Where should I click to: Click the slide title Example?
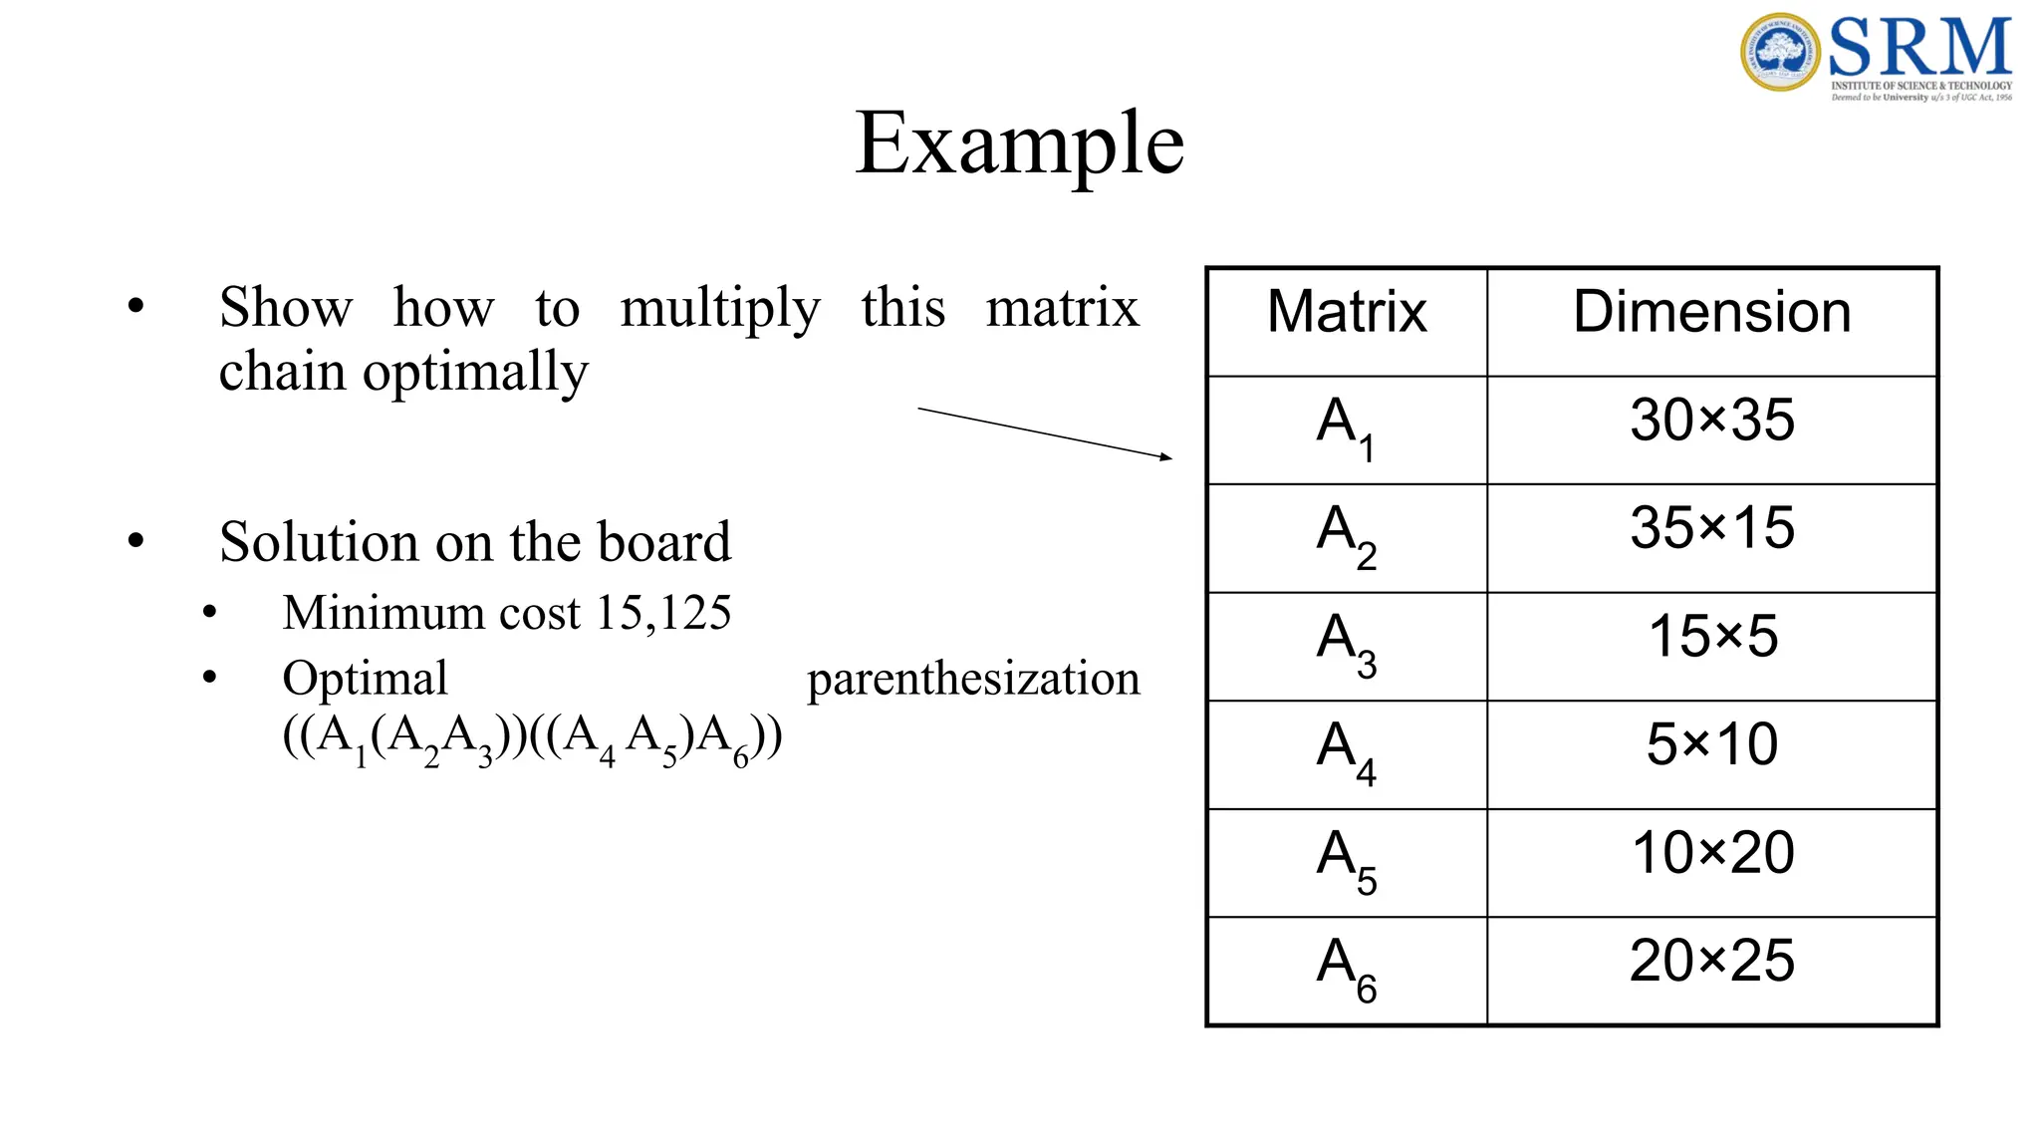[x=1019, y=144]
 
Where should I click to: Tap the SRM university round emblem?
[x=1780, y=52]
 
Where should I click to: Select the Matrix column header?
[x=1347, y=312]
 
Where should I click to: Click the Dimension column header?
[x=1711, y=312]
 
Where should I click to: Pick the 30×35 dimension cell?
[x=1711, y=420]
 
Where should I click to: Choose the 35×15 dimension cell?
[x=1711, y=528]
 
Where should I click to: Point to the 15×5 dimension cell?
[x=1711, y=636]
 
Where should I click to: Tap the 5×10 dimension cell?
[x=1711, y=744]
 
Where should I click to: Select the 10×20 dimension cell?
[x=1711, y=853]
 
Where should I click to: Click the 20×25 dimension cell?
[x=1711, y=961]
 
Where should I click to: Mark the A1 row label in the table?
[x=1346, y=427]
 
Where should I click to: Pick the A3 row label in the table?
[x=1346, y=643]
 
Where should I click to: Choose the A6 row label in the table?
[x=1346, y=968]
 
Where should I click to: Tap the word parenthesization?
[x=973, y=680]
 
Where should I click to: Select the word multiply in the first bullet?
[x=719, y=309]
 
